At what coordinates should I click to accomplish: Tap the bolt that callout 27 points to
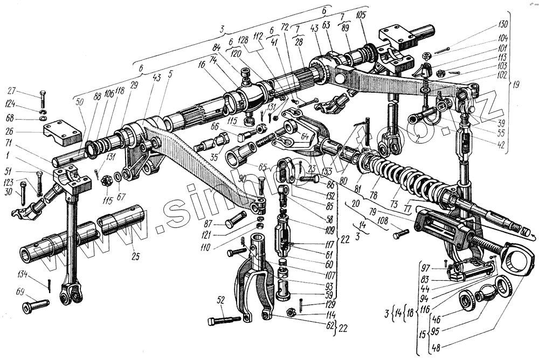pyautogui.click(x=43, y=100)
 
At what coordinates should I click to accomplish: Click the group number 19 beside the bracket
pyautogui.click(x=518, y=84)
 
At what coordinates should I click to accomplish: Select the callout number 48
pyautogui.click(x=437, y=348)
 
